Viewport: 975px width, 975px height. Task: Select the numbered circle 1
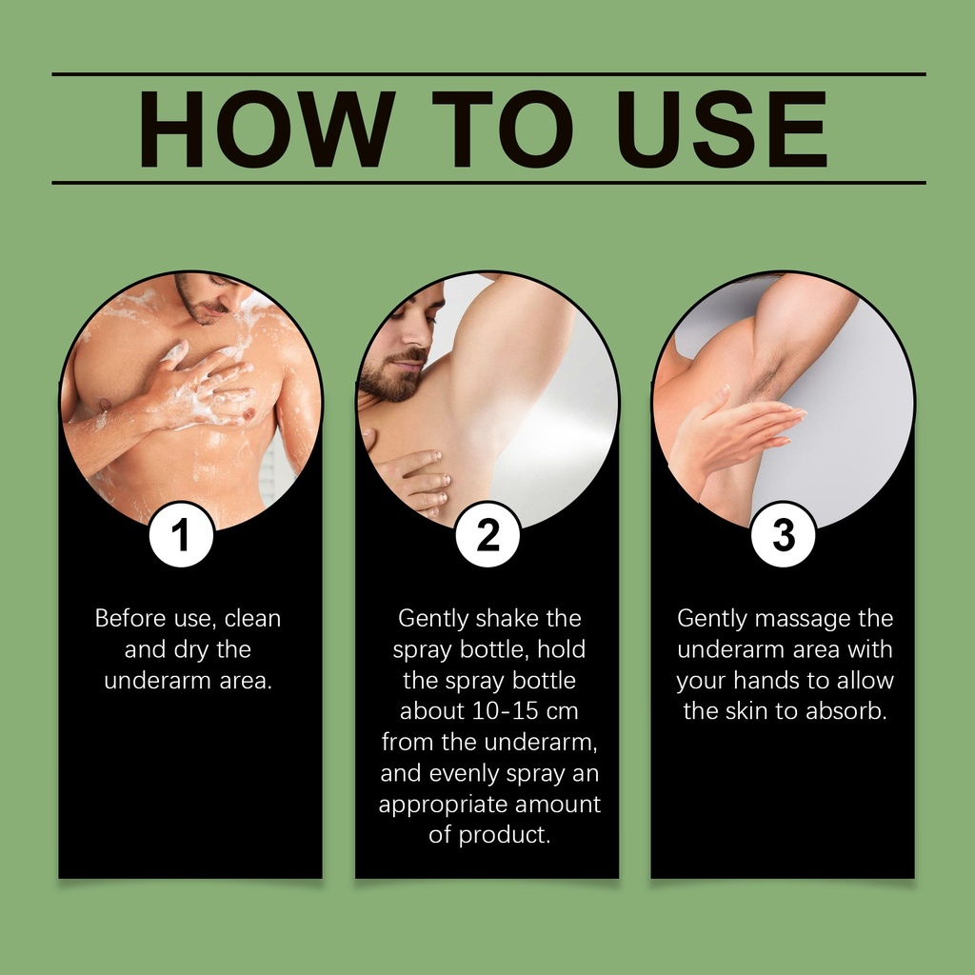click(182, 535)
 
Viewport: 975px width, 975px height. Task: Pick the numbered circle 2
click(487, 535)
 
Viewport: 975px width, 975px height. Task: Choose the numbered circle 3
click(783, 535)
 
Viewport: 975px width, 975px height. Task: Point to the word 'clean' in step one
click(252, 618)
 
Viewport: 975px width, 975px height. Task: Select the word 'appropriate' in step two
click(444, 805)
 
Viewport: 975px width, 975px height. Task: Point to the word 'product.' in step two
click(505, 835)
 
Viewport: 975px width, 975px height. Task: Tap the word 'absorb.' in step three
click(846, 710)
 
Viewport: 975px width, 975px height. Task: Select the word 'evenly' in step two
click(465, 773)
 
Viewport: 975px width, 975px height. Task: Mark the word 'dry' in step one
click(191, 649)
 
